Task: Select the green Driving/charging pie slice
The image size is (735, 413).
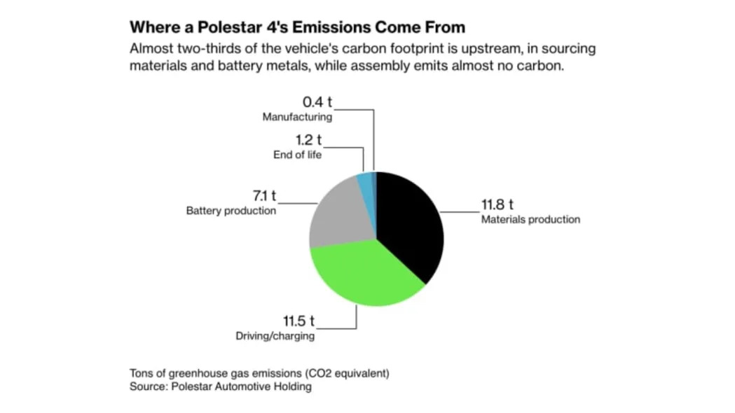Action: tap(364, 276)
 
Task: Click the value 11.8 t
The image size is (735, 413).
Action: tap(497, 206)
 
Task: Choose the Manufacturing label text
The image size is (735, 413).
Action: tap(297, 117)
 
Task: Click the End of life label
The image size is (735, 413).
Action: tap(297, 155)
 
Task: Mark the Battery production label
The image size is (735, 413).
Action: tap(231, 211)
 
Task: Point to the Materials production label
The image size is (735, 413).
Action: tap(530, 220)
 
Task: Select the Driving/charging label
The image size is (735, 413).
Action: tap(275, 336)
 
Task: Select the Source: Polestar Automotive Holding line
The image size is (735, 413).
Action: tap(220, 386)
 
